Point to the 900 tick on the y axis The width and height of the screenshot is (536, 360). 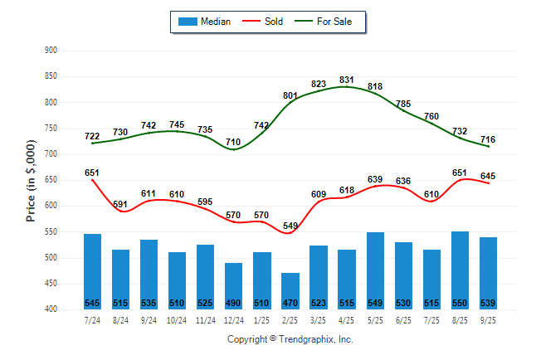coord(51,51)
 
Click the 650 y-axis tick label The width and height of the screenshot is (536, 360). coord(51,180)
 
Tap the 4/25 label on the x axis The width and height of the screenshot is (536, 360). coord(347,320)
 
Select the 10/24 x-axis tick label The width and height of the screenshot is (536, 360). coord(177,320)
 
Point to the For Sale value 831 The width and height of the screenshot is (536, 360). coord(347,80)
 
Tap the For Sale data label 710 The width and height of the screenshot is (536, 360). coord(234,143)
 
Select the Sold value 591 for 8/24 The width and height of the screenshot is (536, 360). coord(121,204)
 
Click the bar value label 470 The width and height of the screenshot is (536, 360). coord(290,303)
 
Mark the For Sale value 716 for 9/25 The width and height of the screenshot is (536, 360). coord(488,139)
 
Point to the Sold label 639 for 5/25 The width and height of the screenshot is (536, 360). coord(375,179)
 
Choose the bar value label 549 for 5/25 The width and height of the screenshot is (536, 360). coord(375,303)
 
